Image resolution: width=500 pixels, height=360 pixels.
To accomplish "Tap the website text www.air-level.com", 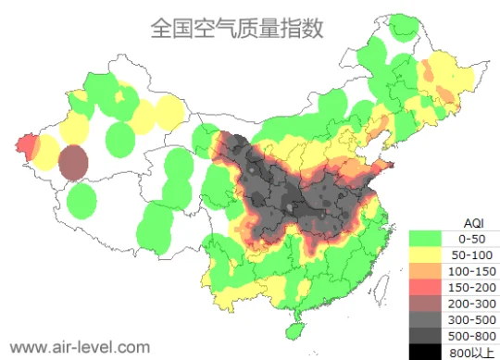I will [79, 347].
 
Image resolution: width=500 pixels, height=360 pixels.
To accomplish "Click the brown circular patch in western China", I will [74, 162].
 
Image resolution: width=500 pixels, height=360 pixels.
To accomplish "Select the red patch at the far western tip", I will [27, 145].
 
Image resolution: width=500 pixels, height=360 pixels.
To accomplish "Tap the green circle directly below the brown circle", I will [82, 199].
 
